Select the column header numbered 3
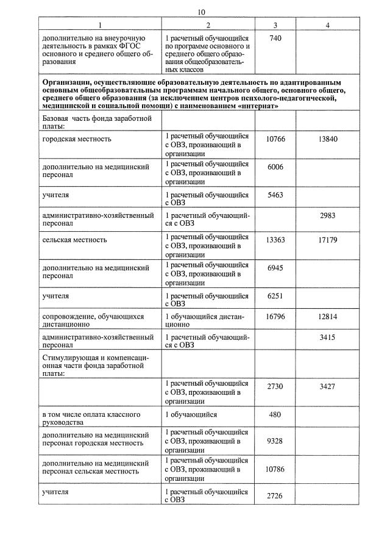pyautogui.click(x=275, y=25)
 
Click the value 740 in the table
pyautogui.click(x=275, y=38)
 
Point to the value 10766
pyautogui.click(x=275, y=139)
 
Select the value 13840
pyautogui.click(x=328, y=139)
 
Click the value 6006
pyautogui.click(x=275, y=167)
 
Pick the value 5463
pyautogui.click(x=275, y=195)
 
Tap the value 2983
pyautogui.click(x=328, y=215)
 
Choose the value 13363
pyautogui.click(x=275, y=240)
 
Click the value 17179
pyautogui.click(x=328, y=240)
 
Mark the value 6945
pyautogui.click(x=275, y=268)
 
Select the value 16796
pyautogui.click(x=275, y=317)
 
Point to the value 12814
pyautogui.click(x=328, y=317)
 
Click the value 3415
pyautogui.click(x=328, y=337)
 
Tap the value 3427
pyautogui.click(x=328, y=386)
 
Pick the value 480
pyautogui.click(x=275, y=414)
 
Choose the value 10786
pyautogui.click(x=275, y=470)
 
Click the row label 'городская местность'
pyautogui.click(x=77, y=139)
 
